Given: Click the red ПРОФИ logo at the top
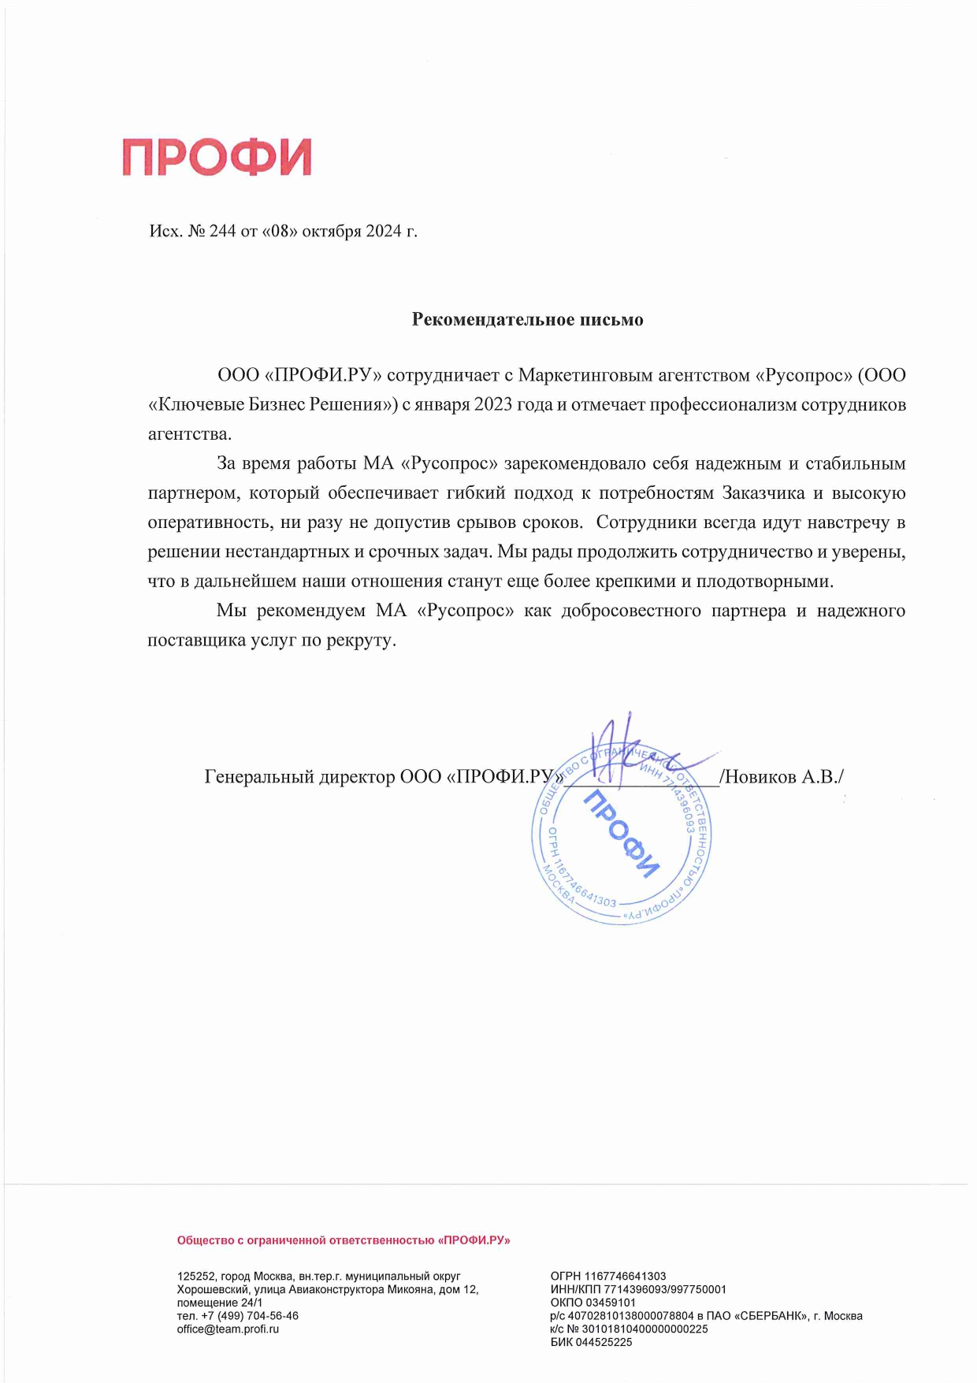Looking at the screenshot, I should (x=217, y=157).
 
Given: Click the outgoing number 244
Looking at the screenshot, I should (x=223, y=232).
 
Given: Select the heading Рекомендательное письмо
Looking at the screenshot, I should (x=527, y=320).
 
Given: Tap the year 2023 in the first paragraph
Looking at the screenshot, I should (x=493, y=405).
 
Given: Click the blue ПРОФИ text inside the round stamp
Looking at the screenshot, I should (x=621, y=834).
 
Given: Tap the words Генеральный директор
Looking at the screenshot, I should (x=299, y=777).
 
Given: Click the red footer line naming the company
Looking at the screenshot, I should (x=344, y=1240).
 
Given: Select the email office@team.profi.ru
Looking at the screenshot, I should (x=228, y=1329).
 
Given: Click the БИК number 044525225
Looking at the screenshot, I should (x=604, y=1343).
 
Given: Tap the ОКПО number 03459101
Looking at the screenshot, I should (x=610, y=1303).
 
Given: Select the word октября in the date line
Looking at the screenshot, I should (x=331, y=232).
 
